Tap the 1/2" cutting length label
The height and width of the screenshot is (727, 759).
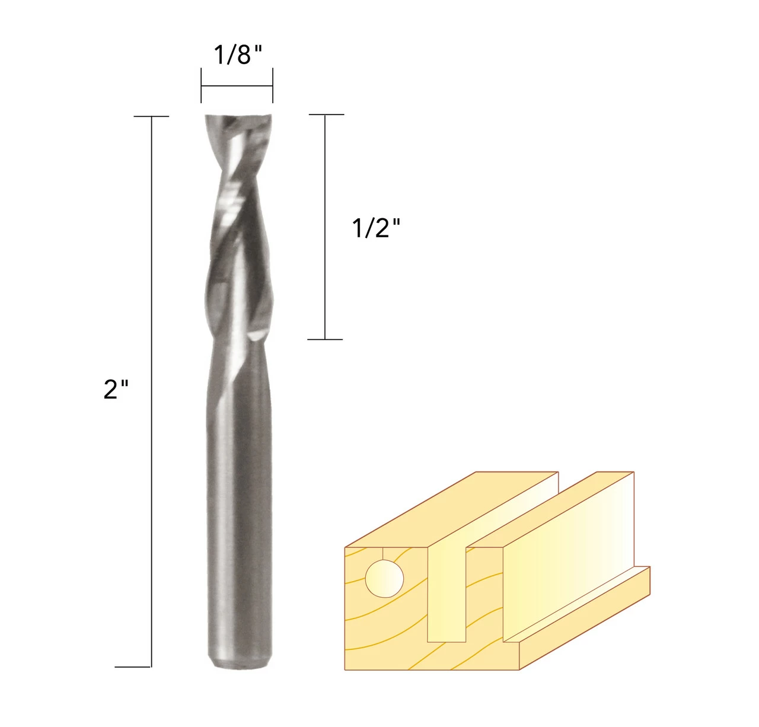pyautogui.click(x=377, y=228)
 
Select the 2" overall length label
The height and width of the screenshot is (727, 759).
pyautogui.click(x=116, y=390)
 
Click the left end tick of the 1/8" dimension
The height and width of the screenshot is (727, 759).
pyautogui.click(x=202, y=86)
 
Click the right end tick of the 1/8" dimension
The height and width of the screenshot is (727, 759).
pyautogui.click(x=272, y=86)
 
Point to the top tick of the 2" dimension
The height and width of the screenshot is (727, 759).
pyautogui.click(x=152, y=116)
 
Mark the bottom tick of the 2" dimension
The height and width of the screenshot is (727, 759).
pyautogui.click(x=133, y=667)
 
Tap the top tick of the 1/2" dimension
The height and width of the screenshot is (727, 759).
pyautogui.click(x=326, y=114)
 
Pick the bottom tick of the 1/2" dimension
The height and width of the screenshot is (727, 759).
pyautogui.click(x=325, y=339)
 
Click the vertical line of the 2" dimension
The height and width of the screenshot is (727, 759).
pyautogui.click(x=152, y=474)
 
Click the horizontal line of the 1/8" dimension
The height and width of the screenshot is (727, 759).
pyautogui.click(x=237, y=86)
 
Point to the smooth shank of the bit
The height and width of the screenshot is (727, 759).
pyautogui.click(x=237, y=504)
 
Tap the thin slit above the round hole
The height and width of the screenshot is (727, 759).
pyautogui.click(x=384, y=553)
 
